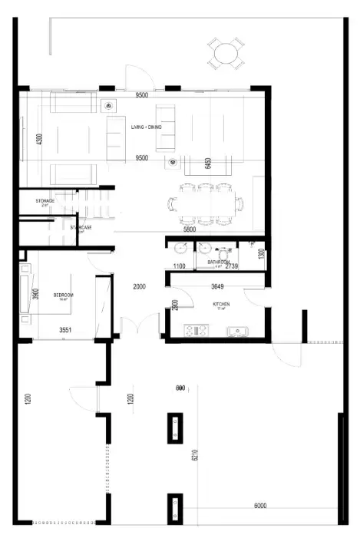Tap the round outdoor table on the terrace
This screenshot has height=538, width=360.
226,53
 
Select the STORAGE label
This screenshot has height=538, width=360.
45,201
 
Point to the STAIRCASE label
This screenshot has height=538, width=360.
81,227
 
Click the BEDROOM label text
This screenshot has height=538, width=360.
64,295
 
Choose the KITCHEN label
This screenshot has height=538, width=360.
222,304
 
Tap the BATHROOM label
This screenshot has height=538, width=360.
218,262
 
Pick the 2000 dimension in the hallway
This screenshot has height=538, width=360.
139,286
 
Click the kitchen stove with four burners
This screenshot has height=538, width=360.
198,331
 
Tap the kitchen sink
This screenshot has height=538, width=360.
237,331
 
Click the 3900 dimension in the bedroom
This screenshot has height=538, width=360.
35,295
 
